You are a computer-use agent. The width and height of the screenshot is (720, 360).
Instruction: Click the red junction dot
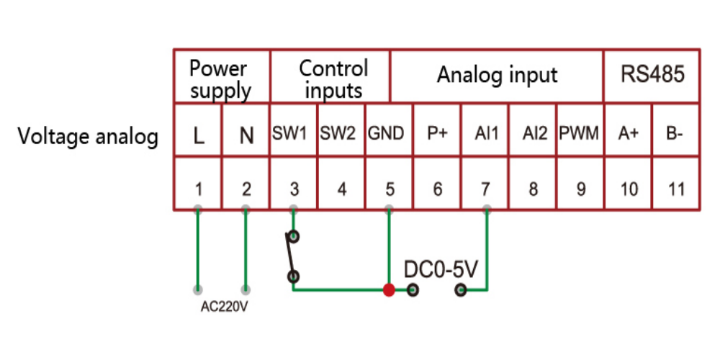coord(389,290)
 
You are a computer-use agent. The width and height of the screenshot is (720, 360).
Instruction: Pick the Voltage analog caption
coord(88,136)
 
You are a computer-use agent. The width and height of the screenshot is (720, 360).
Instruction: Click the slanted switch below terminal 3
coord(292,256)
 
